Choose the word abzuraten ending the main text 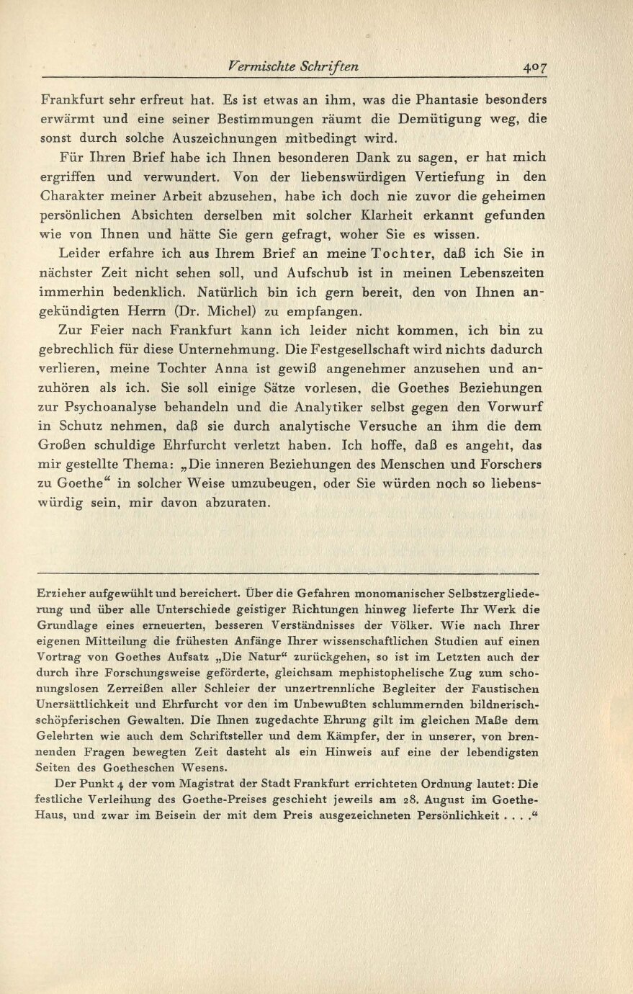pos(235,503)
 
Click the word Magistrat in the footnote pos(208,784)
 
